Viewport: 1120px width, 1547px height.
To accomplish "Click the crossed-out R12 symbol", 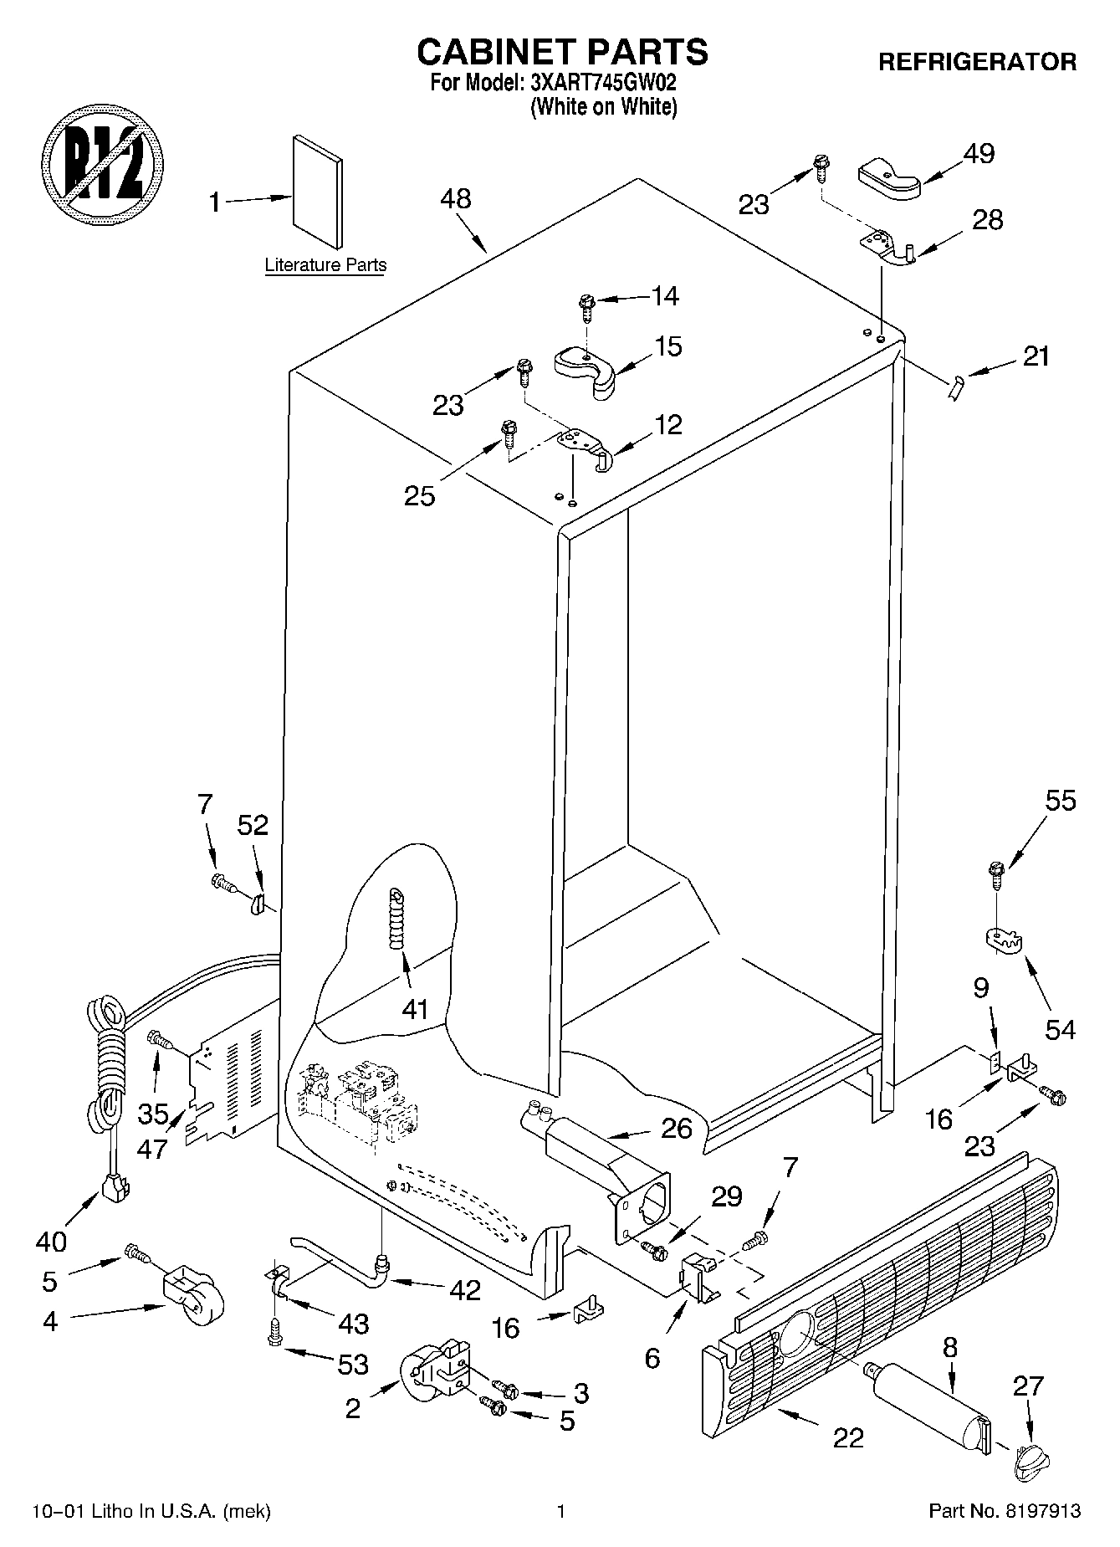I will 102,163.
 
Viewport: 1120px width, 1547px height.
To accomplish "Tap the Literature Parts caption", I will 325,265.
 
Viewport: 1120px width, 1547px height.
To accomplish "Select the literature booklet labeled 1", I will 317,192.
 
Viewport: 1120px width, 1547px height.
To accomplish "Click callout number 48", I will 457,199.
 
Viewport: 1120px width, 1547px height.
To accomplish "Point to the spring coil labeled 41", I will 394,918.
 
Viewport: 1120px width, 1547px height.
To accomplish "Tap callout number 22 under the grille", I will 847,1437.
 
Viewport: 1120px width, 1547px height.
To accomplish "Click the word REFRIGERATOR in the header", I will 977,62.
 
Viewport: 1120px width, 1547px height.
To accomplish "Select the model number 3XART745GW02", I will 602,84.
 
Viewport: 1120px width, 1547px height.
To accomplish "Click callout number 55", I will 1061,801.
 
